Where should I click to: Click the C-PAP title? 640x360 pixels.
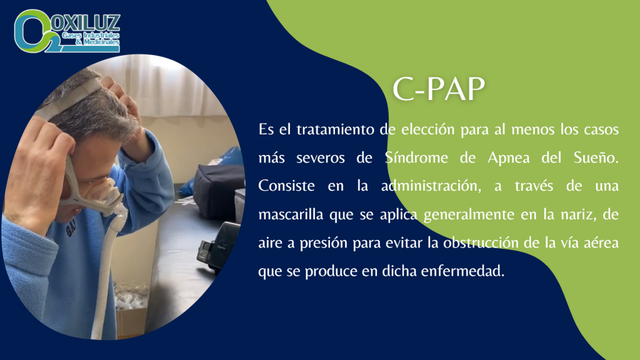click(438, 89)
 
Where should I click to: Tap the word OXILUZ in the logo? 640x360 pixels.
click(86, 23)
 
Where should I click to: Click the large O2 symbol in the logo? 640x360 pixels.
click(32, 31)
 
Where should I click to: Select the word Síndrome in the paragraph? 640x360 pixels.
click(416, 157)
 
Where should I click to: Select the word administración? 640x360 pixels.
click(431, 186)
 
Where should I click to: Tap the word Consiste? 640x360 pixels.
click(286, 186)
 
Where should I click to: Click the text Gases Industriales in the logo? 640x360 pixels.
click(91, 36)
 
